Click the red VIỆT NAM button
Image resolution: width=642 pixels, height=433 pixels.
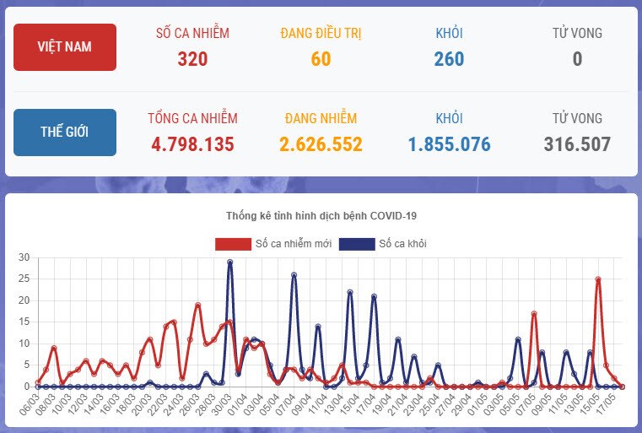(x=65, y=47)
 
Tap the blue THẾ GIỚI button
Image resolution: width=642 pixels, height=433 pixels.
(x=65, y=132)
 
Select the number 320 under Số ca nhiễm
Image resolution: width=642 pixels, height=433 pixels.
(x=192, y=59)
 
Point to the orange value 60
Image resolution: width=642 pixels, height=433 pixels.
(x=321, y=59)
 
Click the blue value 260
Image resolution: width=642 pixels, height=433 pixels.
(x=449, y=59)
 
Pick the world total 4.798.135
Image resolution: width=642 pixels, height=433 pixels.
(x=192, y=144)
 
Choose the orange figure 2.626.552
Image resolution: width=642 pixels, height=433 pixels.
(x=321, y=144)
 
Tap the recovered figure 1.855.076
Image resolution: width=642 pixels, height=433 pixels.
(x=449, y=144)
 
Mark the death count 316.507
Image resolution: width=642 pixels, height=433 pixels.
(x=577, y=144)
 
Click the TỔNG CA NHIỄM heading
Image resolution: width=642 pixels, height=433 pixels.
(x=192, y=118)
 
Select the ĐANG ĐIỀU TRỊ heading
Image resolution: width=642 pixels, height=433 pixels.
(x=321, y=34)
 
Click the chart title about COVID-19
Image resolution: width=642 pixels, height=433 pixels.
(x=321, y=216)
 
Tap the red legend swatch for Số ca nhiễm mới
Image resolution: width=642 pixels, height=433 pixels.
(x=233, y=244)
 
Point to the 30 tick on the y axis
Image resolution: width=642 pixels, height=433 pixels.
(x=24, y=257)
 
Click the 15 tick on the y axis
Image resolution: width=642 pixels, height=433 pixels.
(x=24, y=322)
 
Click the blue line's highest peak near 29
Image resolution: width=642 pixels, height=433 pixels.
(x=229, y=263)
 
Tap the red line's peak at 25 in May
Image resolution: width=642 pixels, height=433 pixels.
(x=598, y=279)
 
